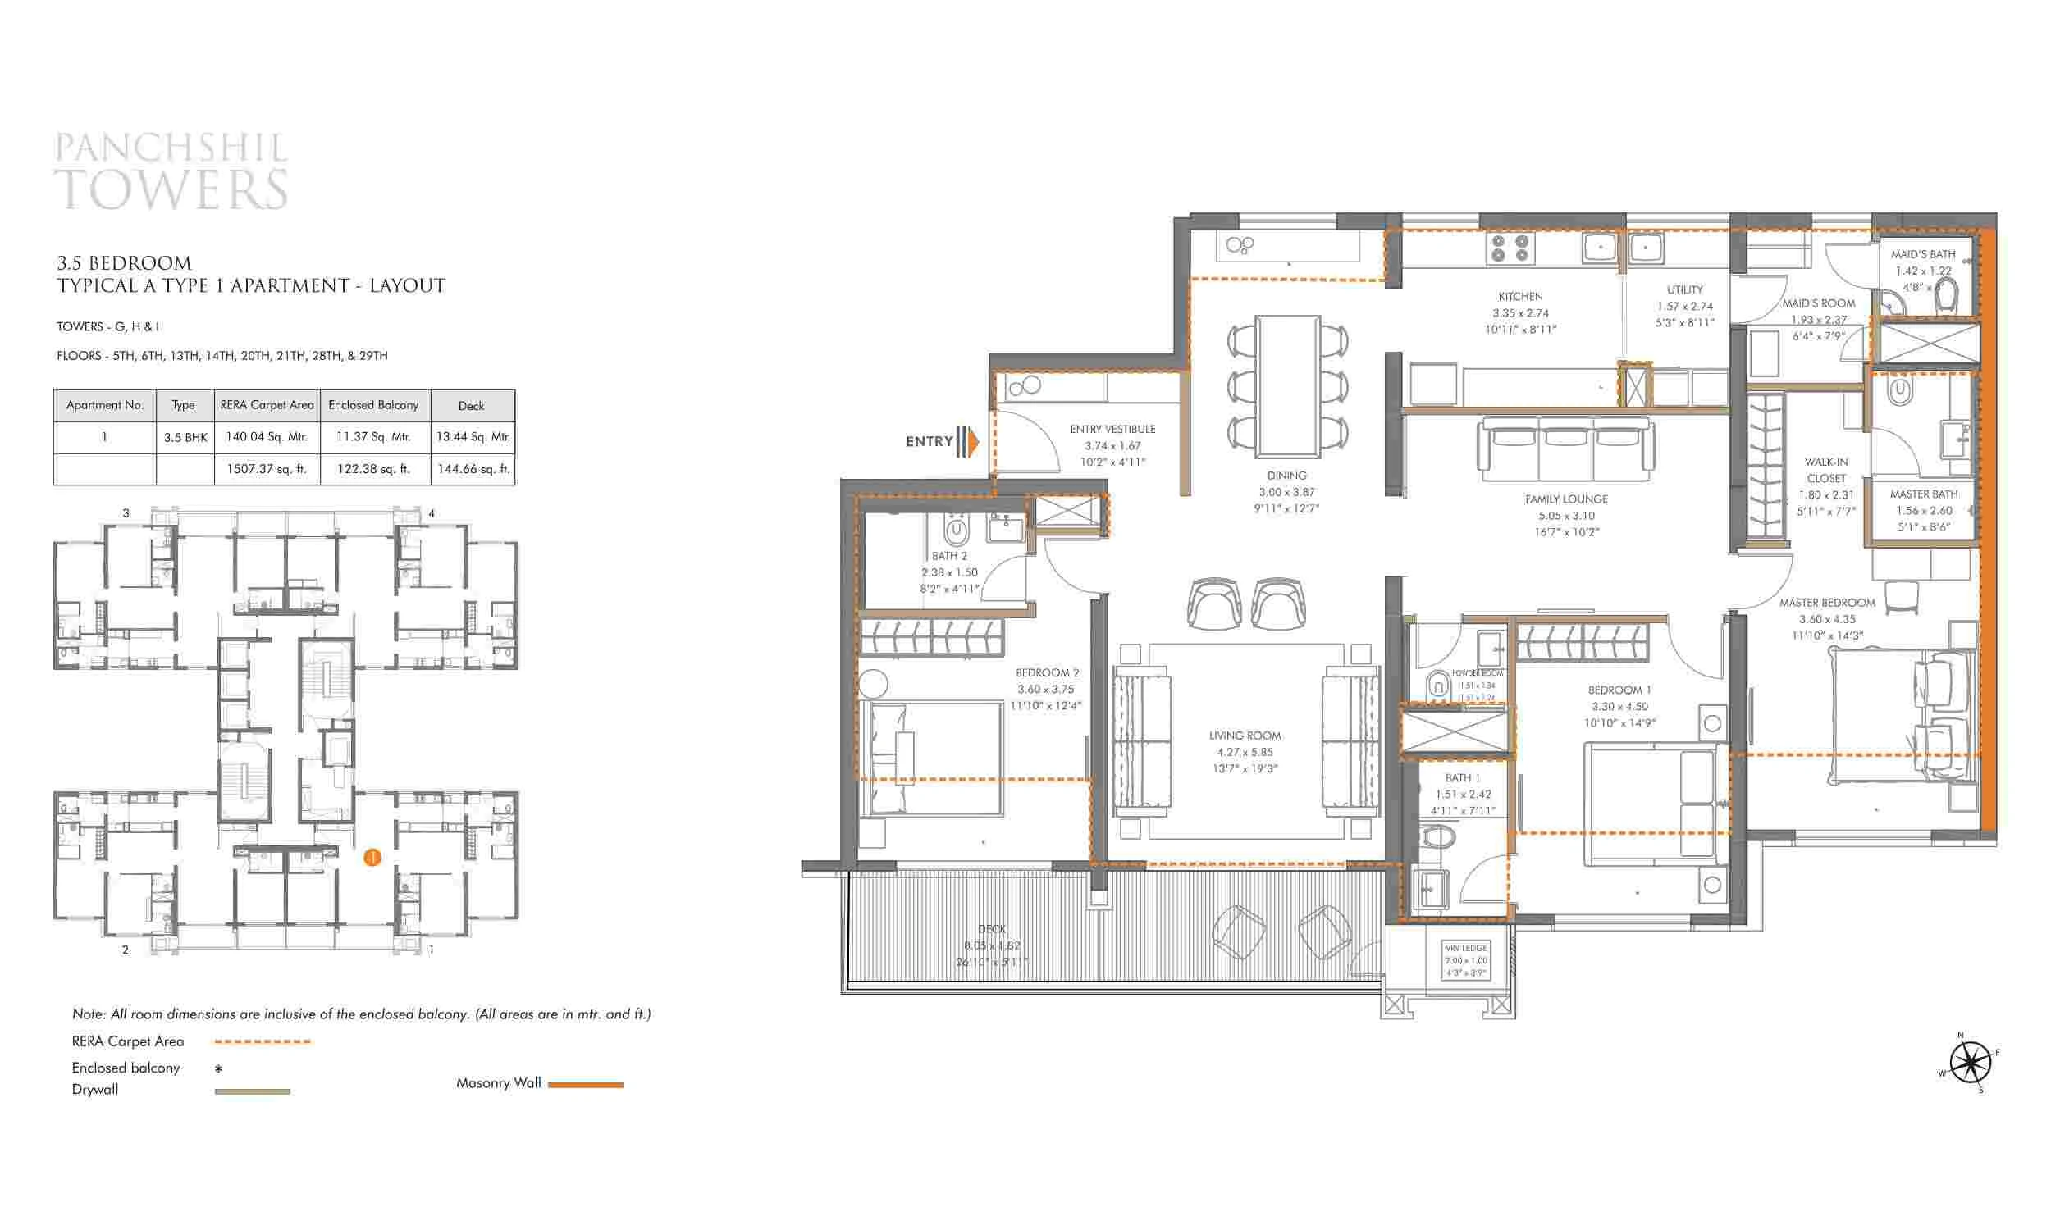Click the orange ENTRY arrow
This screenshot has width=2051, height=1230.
tap(971, 442)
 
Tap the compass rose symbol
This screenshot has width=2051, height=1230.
tap(1969, 1062)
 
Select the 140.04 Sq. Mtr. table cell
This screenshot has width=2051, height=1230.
tap(266, 437)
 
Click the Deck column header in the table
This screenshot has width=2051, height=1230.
tap(472, 405)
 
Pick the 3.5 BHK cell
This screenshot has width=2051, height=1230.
tap(185, 437)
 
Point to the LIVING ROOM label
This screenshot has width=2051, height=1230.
tap(1245, 736)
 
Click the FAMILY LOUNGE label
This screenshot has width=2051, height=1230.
tap(1566, 499)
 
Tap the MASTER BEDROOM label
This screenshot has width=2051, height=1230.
tap(1826, 603)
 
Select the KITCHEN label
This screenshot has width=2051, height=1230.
tap(1520, 296)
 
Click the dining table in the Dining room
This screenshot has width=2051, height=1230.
tap(1287, 385)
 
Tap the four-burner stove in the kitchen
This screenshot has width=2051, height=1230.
tap(1510, 248)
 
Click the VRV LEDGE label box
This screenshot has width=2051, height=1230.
tap(1466, 960)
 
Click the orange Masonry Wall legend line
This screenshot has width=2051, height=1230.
tap(585, 1084)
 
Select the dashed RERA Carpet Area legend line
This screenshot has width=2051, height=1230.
tap(262, 1042)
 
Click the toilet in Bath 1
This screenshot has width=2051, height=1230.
tap(1438, 836)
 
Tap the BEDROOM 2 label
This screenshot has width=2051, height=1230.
tap(1047, 672)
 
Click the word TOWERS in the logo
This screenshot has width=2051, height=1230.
tap(171, 189)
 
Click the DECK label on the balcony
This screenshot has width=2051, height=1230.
tap(992, 929)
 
